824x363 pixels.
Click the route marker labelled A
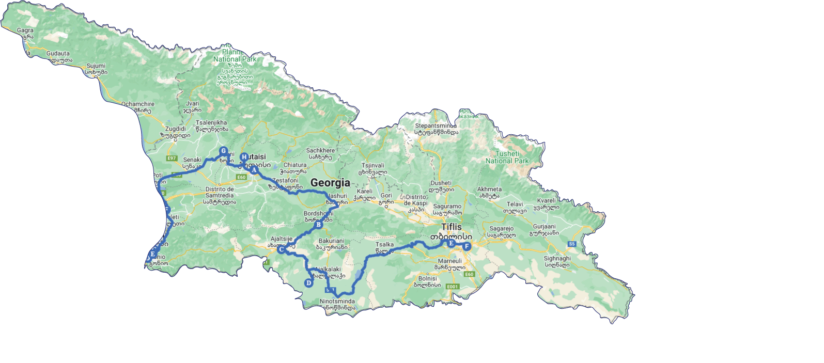point(254,169)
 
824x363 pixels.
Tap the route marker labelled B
point(319,224)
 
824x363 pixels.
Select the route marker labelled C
point(281,249)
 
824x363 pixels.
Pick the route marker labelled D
point(308,282)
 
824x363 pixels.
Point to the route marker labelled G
point(224,151)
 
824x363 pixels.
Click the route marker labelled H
point(244,157)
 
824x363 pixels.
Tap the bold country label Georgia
point(330,183)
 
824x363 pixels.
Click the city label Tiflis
point(451,227)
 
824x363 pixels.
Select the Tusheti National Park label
point(507,157)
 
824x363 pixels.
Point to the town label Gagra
point(25,30)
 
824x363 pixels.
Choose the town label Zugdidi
point(176,129)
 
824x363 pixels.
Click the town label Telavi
point(515,204)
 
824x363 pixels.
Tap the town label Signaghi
point(557,258)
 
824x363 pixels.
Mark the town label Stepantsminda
point(436,125)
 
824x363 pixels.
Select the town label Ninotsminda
point(337,301)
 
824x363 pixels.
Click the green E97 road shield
point(172,159)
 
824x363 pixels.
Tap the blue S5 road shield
point(571,244)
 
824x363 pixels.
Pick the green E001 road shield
point(452,287)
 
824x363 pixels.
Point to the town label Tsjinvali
point(373,166)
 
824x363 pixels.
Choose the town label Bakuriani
point(331,241)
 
